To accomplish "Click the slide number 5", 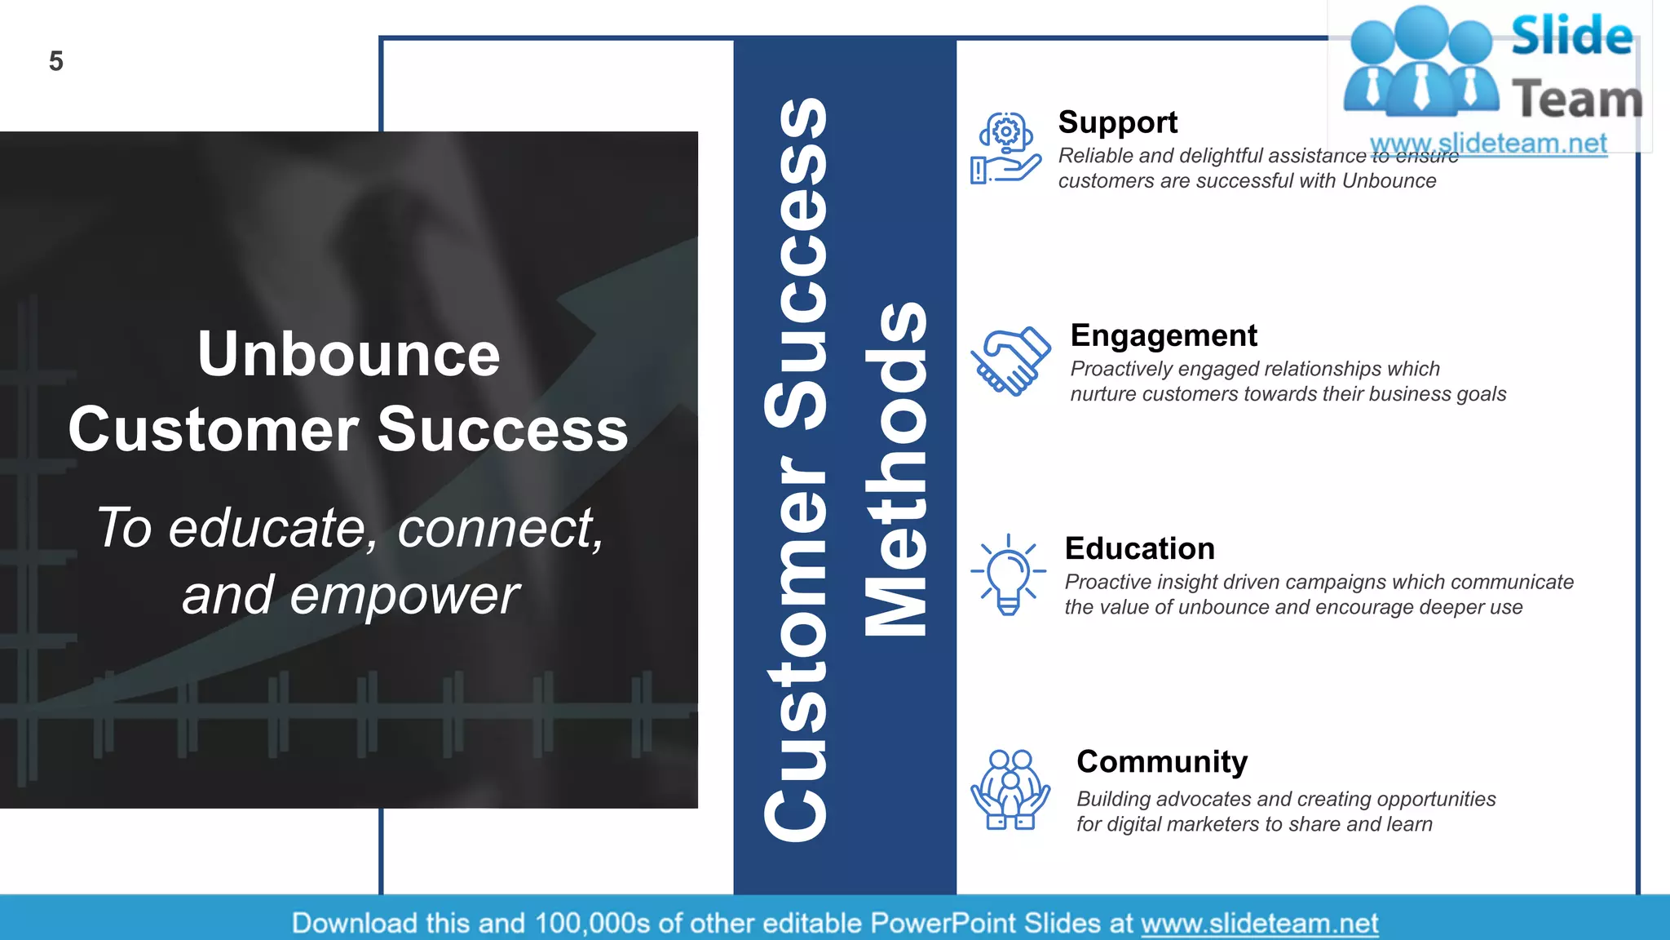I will (x=55, y=61).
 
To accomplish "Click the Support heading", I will (x=1117, y=122).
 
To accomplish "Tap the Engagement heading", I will (x=1164, y=335).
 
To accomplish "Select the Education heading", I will (x=1139, y=548).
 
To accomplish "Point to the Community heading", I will (x=1161, y=761).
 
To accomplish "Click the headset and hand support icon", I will (x=1005, y=149).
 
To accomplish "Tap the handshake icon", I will (x=1010, y=361).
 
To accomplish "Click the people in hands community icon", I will (x=1010, y=790).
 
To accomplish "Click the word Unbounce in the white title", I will (x=348, y=354).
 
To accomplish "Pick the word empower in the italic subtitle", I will (x=404, y=595).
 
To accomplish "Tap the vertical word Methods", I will (x=895, y=469).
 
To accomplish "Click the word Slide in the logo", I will (x=1571, y=37).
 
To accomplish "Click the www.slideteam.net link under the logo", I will (x=1488, y=144).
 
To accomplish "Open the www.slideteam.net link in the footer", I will (x=1259, y=923).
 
